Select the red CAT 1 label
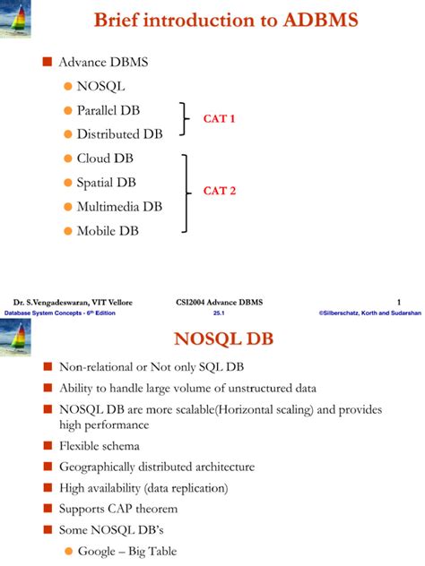219,118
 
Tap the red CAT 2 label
219,190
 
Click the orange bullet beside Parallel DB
68,110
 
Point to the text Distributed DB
120,134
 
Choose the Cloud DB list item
107,159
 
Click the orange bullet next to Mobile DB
68,230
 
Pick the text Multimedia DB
119,206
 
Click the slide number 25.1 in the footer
219,313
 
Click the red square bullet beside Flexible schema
48,445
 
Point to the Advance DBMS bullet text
103,63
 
